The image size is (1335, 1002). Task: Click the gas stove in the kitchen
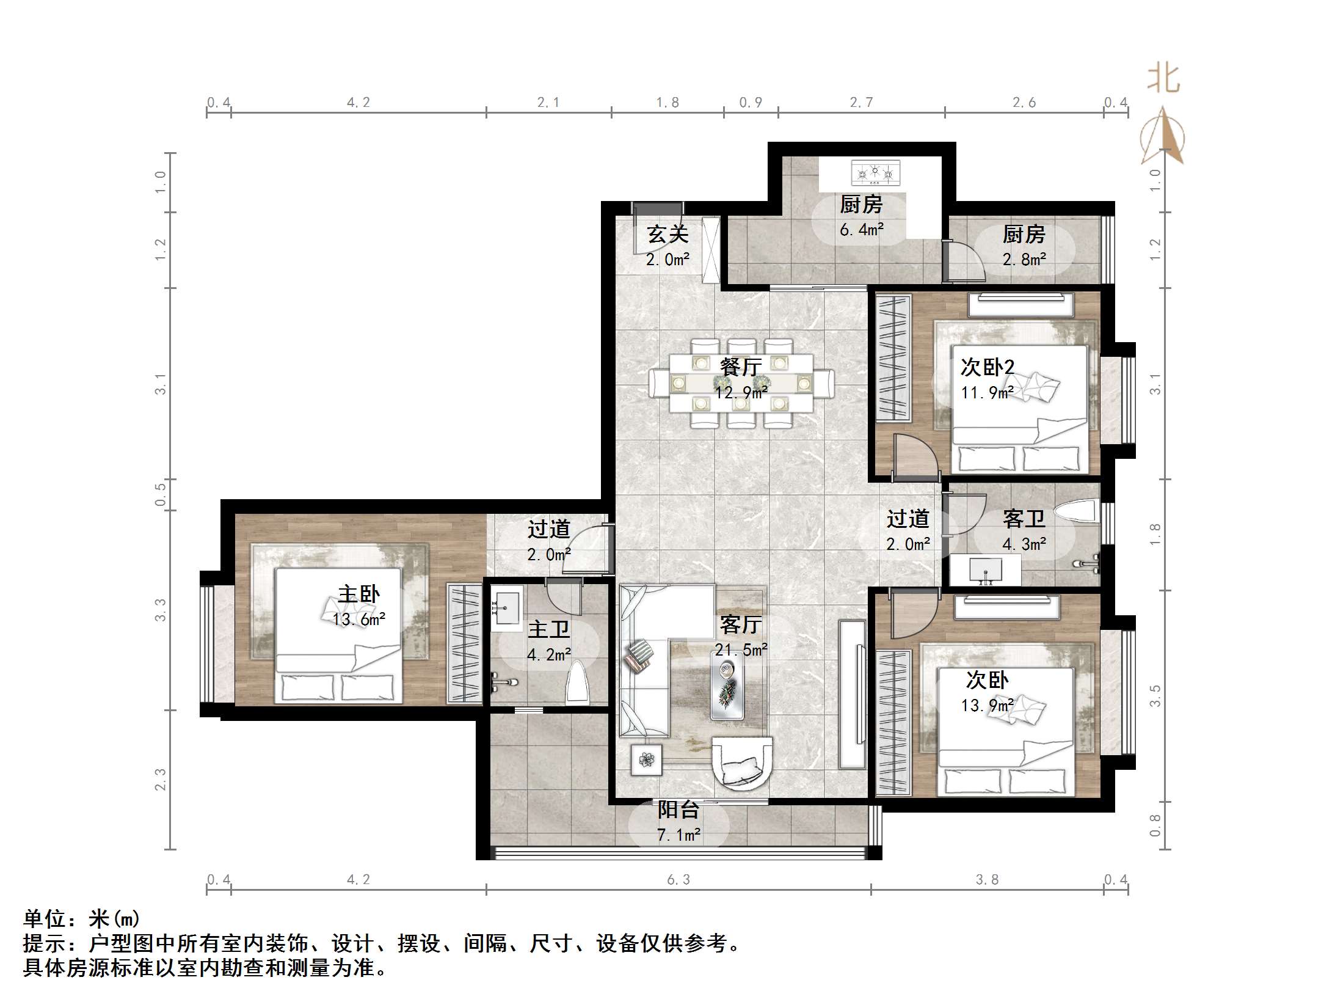pos(876,173)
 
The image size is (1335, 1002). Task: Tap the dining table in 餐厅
pos(741,383)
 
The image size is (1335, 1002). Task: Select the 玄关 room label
pos(667,235)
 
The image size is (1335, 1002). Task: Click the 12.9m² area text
pos(741,392)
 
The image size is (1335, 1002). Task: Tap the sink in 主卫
pos(506,609)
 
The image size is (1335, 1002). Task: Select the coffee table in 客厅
pos(727,684)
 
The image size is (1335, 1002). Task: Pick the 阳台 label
pos(678,810)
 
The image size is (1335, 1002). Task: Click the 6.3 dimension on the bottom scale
pos(678,880)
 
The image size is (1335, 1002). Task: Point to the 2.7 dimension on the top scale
pos(861,103)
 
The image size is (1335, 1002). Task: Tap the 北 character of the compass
pos(1163,79)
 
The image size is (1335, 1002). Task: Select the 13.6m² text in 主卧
pos(358,620)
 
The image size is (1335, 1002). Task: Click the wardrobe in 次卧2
pos(893,358)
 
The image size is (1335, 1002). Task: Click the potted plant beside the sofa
pos(646,760)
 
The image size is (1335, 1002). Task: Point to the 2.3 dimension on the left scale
pos(160,780)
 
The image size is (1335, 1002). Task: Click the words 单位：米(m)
pos(82,919)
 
